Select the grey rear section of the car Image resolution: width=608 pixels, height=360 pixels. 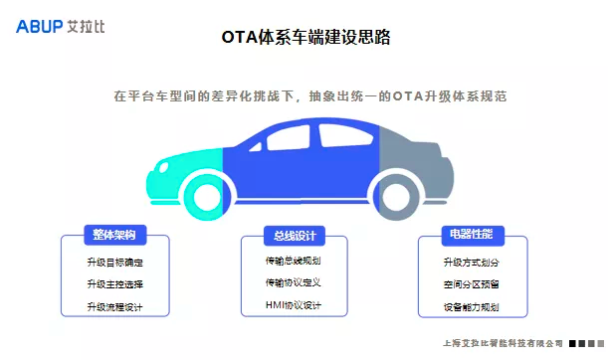point(408,159)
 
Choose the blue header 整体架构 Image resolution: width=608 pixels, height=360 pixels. point(114,235)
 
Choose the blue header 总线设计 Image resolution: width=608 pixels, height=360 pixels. point(295,236)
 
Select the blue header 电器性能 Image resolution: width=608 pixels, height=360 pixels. point(472,235)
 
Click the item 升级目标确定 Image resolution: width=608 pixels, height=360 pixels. point(114,263)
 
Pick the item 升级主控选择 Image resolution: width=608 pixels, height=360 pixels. point(114,284)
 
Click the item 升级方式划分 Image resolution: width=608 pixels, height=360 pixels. point(472,263)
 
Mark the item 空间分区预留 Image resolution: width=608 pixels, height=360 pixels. point(472,284)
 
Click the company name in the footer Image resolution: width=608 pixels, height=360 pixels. point(501,344)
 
